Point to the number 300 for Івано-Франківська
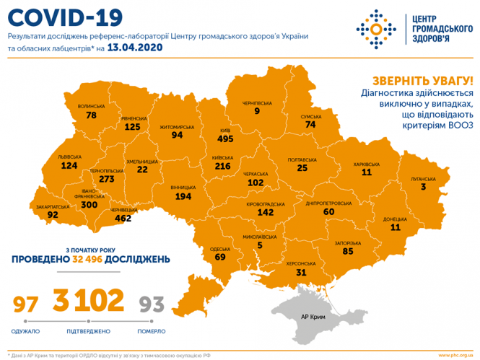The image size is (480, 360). coord(90,205)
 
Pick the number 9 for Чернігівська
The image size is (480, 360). coord(256,111)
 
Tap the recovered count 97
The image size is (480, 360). coord(26,304)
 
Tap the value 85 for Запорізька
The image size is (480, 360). coord(348,253)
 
